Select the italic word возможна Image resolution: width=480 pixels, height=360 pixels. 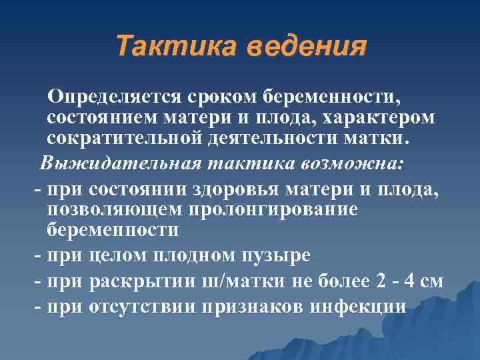coord(370,163)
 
